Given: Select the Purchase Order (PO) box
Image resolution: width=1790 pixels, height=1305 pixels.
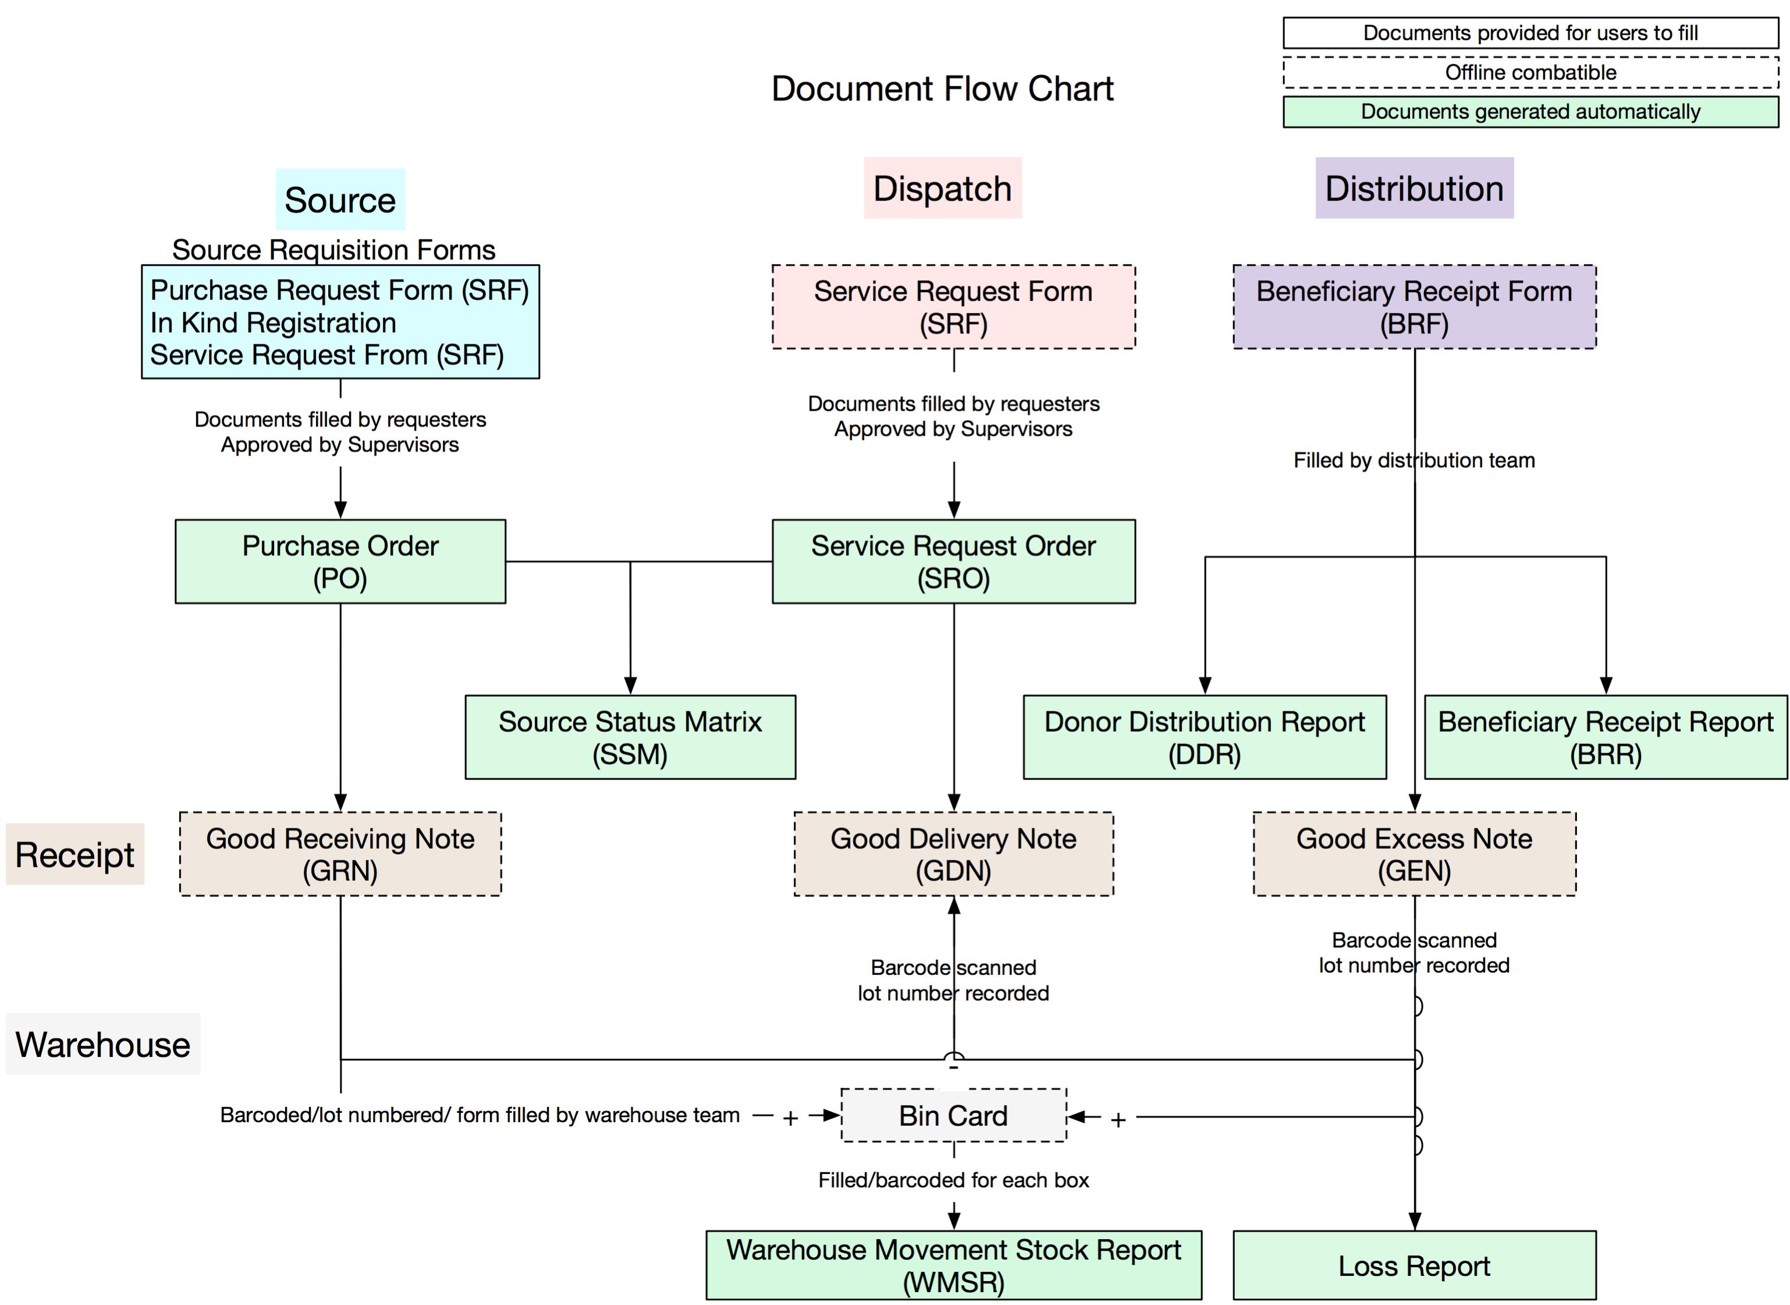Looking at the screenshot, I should pyautogui.click(x=340, y=562).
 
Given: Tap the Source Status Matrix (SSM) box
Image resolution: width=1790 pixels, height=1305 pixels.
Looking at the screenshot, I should pyautogui.click(x=630, y=737).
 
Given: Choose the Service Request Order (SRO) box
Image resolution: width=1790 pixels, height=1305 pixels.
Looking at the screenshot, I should pyautogui.click(x=953, y=562).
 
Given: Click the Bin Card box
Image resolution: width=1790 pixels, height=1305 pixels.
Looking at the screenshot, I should pyautogui.click(x=953, y=1115).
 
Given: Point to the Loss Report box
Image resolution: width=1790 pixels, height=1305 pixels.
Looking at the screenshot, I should pyautogui.click(x=1413, y=1265).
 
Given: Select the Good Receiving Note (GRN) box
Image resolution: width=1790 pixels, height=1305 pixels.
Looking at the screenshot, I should pyautogui.click(x=340, y=854).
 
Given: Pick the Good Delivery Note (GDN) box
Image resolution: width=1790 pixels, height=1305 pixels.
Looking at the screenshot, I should pyautogui.click(x=953, y=854).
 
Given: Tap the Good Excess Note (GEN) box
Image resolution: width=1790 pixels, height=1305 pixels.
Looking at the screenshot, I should pyautogui.click(x=1413, y=854).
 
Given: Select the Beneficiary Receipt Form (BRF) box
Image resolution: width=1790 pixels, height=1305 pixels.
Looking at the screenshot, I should pyautogui.click(x=1413, y=307).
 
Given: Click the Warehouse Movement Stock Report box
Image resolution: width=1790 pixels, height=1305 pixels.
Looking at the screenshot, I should pyautogui.click(x=953, y=1265).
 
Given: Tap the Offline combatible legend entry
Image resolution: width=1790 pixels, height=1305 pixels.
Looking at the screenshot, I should pyautogui.click(x=1530, y=73).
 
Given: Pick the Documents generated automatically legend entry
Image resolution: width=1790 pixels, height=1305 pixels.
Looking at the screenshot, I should pyautogui.click(x=1530, y=111).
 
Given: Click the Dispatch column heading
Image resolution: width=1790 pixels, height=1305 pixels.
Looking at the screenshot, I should pyautogui.click(x=942, y=188).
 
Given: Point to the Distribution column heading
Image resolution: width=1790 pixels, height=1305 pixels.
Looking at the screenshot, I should pyautogui.click(x=1413, y=188).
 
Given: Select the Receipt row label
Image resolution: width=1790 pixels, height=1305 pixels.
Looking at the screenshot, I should pyautogui.click(x=75, y=854).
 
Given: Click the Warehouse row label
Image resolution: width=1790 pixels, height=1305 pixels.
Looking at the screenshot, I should pyautogui.click(x=102, y=1044).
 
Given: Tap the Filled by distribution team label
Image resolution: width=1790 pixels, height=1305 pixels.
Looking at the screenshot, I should pyautogui.click(x=1413, y=460).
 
